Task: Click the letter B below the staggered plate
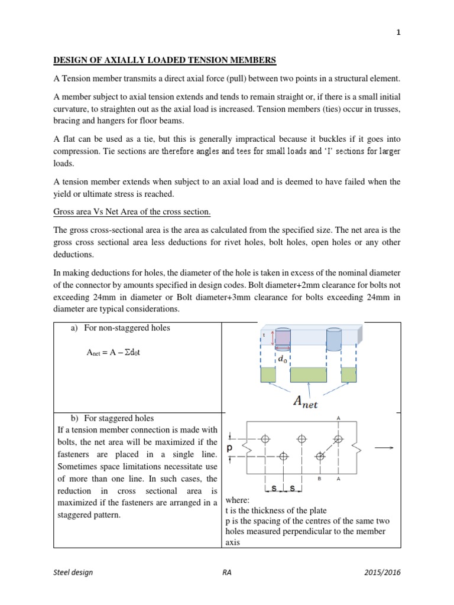(x=319, y=479)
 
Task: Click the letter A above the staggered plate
(x=338, y=418)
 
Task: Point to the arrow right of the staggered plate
(x=384, y=448)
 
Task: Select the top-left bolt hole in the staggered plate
(x=265, y=439)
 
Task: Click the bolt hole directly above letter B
(x=320, y=456)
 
